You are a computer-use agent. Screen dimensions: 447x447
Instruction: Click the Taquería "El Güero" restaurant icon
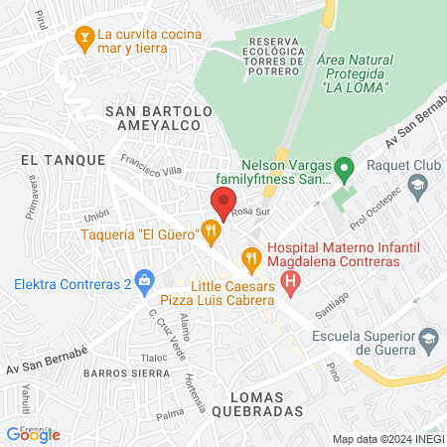coord(211,233)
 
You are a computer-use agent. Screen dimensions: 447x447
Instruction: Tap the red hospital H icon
coord(290,284)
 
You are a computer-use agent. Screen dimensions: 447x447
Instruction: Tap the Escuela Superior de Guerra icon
coord(428,339)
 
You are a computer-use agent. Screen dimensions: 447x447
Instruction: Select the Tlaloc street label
coord(154,358)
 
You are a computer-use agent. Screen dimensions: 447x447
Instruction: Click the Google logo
coord(34,434)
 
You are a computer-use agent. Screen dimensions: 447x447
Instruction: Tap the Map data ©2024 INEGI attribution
coord(388,439)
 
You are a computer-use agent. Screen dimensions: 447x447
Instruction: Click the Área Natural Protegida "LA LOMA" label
coord(354,74)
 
